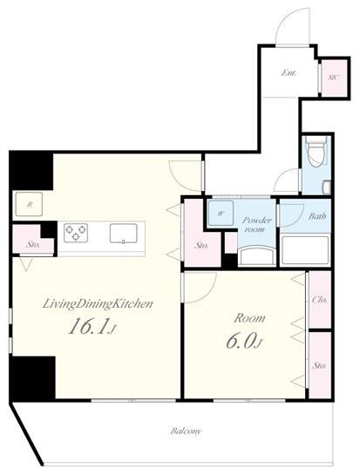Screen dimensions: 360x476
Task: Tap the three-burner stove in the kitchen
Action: (x=76, y=233)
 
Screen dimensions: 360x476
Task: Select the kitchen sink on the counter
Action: (x=123, y=234)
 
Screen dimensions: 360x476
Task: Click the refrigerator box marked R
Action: (x=29, y=204)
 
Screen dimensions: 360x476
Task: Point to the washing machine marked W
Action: (x=221, y=213)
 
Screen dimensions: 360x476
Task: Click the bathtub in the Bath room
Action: (x=305, y=250)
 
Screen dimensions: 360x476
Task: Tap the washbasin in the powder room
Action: (x=257, y=256)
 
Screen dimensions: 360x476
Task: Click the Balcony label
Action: (x=186, y=431)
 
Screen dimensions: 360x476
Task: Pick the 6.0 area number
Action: (x=244, y=342)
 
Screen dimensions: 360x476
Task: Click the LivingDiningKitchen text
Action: (x=98, y=304)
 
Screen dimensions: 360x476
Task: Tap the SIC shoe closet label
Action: (x=334, y=77)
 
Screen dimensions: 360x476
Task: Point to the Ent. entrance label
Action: (x=289, y=73)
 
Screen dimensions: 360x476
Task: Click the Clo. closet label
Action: (x=320, y=300)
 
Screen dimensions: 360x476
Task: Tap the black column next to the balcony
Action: (x=33, y=378)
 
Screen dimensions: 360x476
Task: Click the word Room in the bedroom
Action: (x=249, y=318)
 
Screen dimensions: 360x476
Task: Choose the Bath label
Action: (x=317, y=216)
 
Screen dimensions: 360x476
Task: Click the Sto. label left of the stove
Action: (x=33, y=244)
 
